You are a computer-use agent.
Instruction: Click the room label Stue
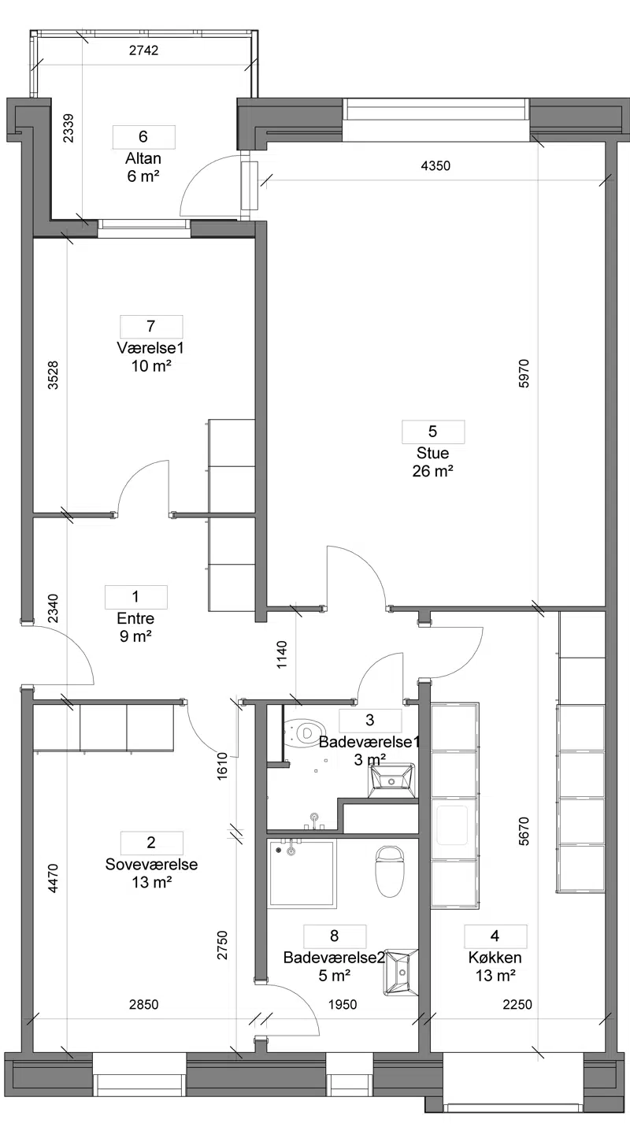pos(432,453)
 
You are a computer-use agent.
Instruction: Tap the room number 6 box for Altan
pos(144,137)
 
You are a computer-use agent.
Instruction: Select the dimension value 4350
pos(435,165)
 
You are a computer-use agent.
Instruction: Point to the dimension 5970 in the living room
pos(524,373)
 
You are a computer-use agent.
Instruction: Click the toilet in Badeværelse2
pos(389,871)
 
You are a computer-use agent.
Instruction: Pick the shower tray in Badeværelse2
pos(302,873)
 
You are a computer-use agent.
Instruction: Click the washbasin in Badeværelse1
pos(391,780)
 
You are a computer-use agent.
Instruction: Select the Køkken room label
pos(495,958)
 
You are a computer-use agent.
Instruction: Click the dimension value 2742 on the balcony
pos(144,50)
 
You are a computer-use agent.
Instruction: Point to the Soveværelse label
pos(151,864)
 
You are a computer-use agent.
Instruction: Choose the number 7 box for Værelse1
pos(151,326)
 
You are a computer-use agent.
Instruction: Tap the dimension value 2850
pos(144,1004)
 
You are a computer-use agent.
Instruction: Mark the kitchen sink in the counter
pos(452,825)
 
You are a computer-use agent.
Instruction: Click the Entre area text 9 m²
pos(135,636)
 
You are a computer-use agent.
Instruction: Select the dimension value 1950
pos(343,1004)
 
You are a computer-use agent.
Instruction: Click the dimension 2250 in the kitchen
pos(517,1004)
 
